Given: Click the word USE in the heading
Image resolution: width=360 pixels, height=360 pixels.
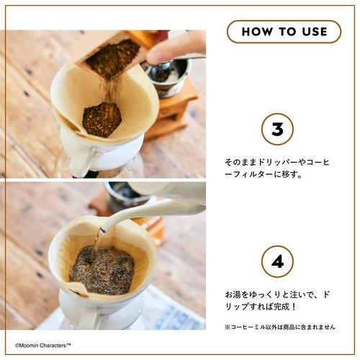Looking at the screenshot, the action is tap(315, 32).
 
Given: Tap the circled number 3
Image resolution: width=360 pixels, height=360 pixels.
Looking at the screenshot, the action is tap(277, 129).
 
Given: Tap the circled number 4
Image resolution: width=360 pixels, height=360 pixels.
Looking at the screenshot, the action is tap(277, 261).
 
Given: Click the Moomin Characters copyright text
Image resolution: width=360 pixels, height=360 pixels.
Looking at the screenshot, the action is tap(43, 346).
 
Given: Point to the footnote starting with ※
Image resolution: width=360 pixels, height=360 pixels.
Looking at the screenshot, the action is tap(280, 327).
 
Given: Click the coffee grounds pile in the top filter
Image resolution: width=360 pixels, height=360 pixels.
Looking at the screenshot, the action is tap(102, 120).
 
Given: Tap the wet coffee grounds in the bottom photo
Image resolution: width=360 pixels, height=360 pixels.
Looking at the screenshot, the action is tap(102, 270).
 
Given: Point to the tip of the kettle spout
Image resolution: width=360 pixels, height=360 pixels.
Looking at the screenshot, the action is tap(103, 230).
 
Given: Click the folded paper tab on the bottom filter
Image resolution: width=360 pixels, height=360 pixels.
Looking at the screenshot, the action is tap(78, 289).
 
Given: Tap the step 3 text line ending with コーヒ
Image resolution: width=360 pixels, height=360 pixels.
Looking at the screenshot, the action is tap(277, 163).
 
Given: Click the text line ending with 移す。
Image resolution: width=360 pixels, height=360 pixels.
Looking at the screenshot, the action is tap(264, 174).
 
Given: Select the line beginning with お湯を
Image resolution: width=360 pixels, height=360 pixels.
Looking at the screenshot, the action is tap(277, 294).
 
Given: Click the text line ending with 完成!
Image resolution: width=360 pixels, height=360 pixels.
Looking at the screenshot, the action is tap(261, 307).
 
